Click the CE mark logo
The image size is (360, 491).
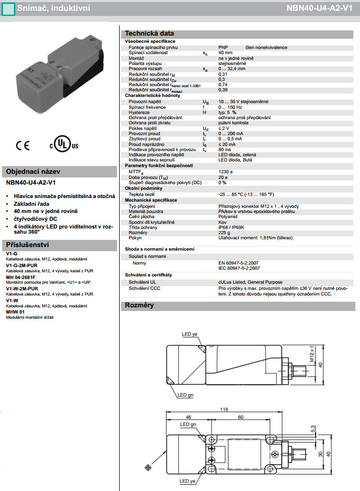(x=23, y=145)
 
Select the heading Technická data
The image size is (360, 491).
(x=150, y=33)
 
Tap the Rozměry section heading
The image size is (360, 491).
(x=140, y=305)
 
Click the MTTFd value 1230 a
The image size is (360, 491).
(x=225, y=171)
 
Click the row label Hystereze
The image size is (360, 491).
(x=139, y=112)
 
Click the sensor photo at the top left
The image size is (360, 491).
(x=60, y=70)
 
